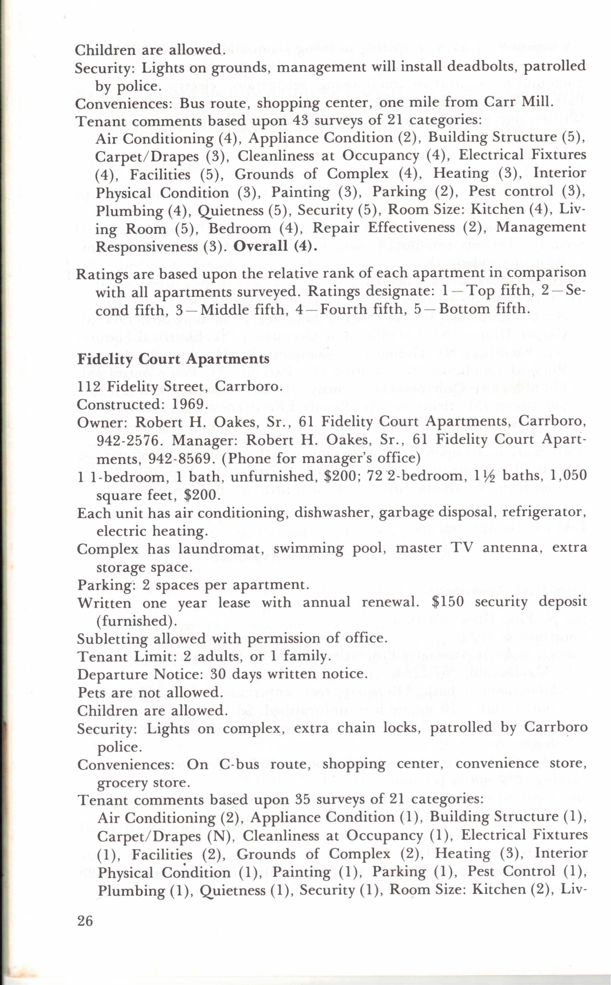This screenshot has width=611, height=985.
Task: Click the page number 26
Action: pyautogui.click(x=85, y=920)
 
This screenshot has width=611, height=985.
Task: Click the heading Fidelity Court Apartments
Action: pyautogui.click(x=173, y=358)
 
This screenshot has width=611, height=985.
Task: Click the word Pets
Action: pyautogui.click(x=90, y=692)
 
